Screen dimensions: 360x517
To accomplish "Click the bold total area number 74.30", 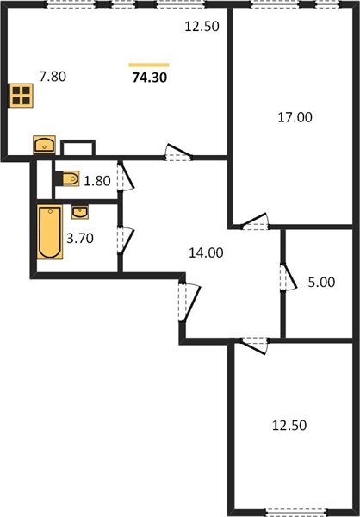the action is point(149,78).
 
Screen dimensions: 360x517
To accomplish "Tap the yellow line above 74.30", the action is point(149,65).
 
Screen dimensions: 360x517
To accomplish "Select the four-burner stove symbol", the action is point(21,96).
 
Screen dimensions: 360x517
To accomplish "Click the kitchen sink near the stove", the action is point(44,145).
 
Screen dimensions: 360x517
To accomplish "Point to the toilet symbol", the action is point(67,178).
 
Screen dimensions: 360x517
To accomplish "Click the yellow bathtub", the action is point(50,232).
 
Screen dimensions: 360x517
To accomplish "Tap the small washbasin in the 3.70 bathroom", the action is point(80,212).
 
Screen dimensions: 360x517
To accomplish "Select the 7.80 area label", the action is point(53,77).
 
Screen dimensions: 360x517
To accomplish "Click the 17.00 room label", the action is point(295,117).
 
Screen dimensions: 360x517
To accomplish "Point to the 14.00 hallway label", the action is point(206,252).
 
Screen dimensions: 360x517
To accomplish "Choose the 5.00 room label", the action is point(321,283).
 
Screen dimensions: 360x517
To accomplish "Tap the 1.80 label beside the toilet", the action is point(97,181).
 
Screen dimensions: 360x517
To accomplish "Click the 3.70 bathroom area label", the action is point(80,238).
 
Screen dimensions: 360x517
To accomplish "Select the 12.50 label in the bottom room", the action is point(289,426).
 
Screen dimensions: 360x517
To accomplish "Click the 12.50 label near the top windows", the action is point(202,27).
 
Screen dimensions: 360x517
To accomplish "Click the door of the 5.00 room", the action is point(289,277).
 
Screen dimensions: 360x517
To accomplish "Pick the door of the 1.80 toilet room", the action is point(126,177).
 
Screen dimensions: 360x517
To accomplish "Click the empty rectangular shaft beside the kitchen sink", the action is point(78,147).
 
